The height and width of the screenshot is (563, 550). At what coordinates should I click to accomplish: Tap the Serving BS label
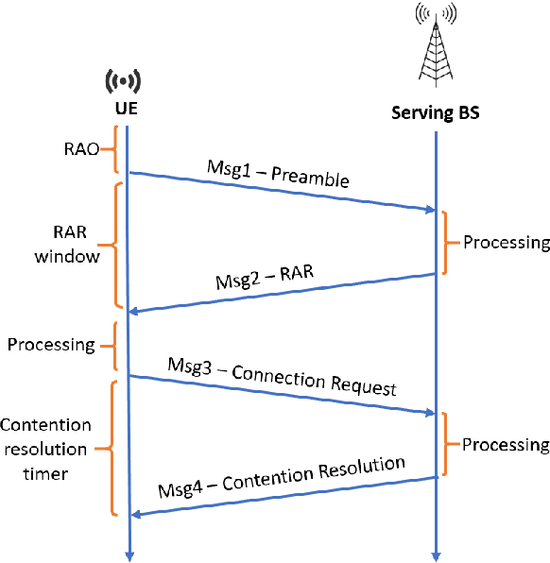click(436, 113)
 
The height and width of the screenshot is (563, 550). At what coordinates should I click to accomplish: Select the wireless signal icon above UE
click(128, 79)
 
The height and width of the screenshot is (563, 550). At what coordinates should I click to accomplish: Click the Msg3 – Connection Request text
click(281, 375)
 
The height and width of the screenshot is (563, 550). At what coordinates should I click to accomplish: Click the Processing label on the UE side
click(51, 345)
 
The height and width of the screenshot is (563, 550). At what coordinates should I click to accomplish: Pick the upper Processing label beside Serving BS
click(506, 243)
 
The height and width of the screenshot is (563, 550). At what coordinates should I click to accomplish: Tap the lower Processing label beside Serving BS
click(506, 444)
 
